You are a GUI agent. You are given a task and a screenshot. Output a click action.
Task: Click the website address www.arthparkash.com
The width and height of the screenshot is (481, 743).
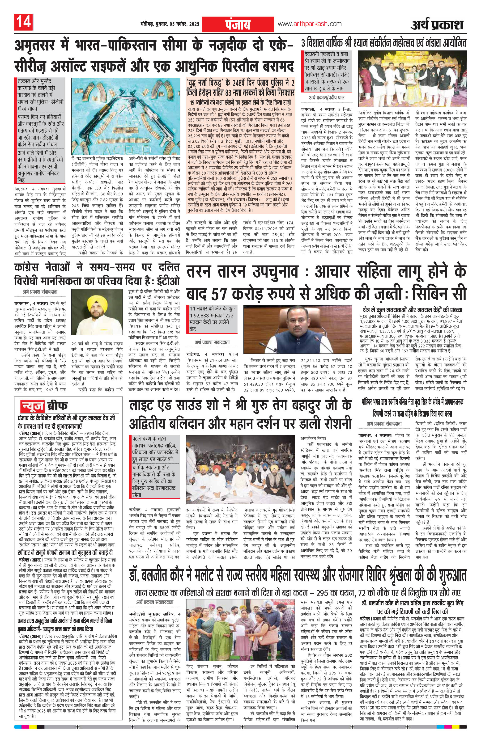point(309,24)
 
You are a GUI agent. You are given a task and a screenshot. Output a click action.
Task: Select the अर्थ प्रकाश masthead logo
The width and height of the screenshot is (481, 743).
point(437,25)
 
